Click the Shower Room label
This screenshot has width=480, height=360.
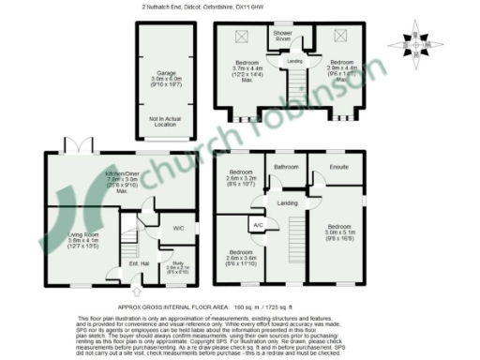282,36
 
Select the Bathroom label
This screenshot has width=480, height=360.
285,168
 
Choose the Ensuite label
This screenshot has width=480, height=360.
340,168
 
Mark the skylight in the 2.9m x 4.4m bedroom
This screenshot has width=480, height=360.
337,37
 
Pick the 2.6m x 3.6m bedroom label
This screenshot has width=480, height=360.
242,257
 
